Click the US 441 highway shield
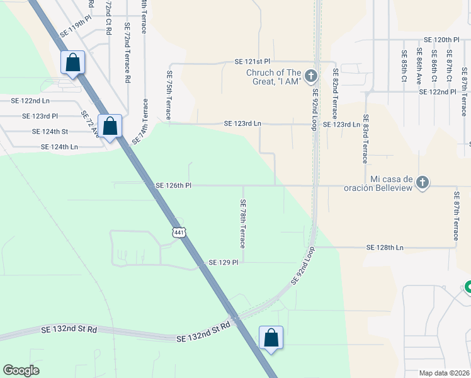(179, 232)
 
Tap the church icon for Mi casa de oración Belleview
(423, 182)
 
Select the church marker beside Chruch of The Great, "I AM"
(310, 77)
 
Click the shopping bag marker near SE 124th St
(110, 126)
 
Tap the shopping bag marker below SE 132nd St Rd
(271, 337)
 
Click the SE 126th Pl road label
(173, 186)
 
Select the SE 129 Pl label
(224, 262)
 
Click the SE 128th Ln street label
(385, 248)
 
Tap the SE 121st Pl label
(252, 62)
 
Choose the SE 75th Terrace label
(169, 94)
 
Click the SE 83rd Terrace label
(365, 142)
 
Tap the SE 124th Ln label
(59, 147)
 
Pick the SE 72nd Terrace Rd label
(127, 53)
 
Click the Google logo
(21, 370)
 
